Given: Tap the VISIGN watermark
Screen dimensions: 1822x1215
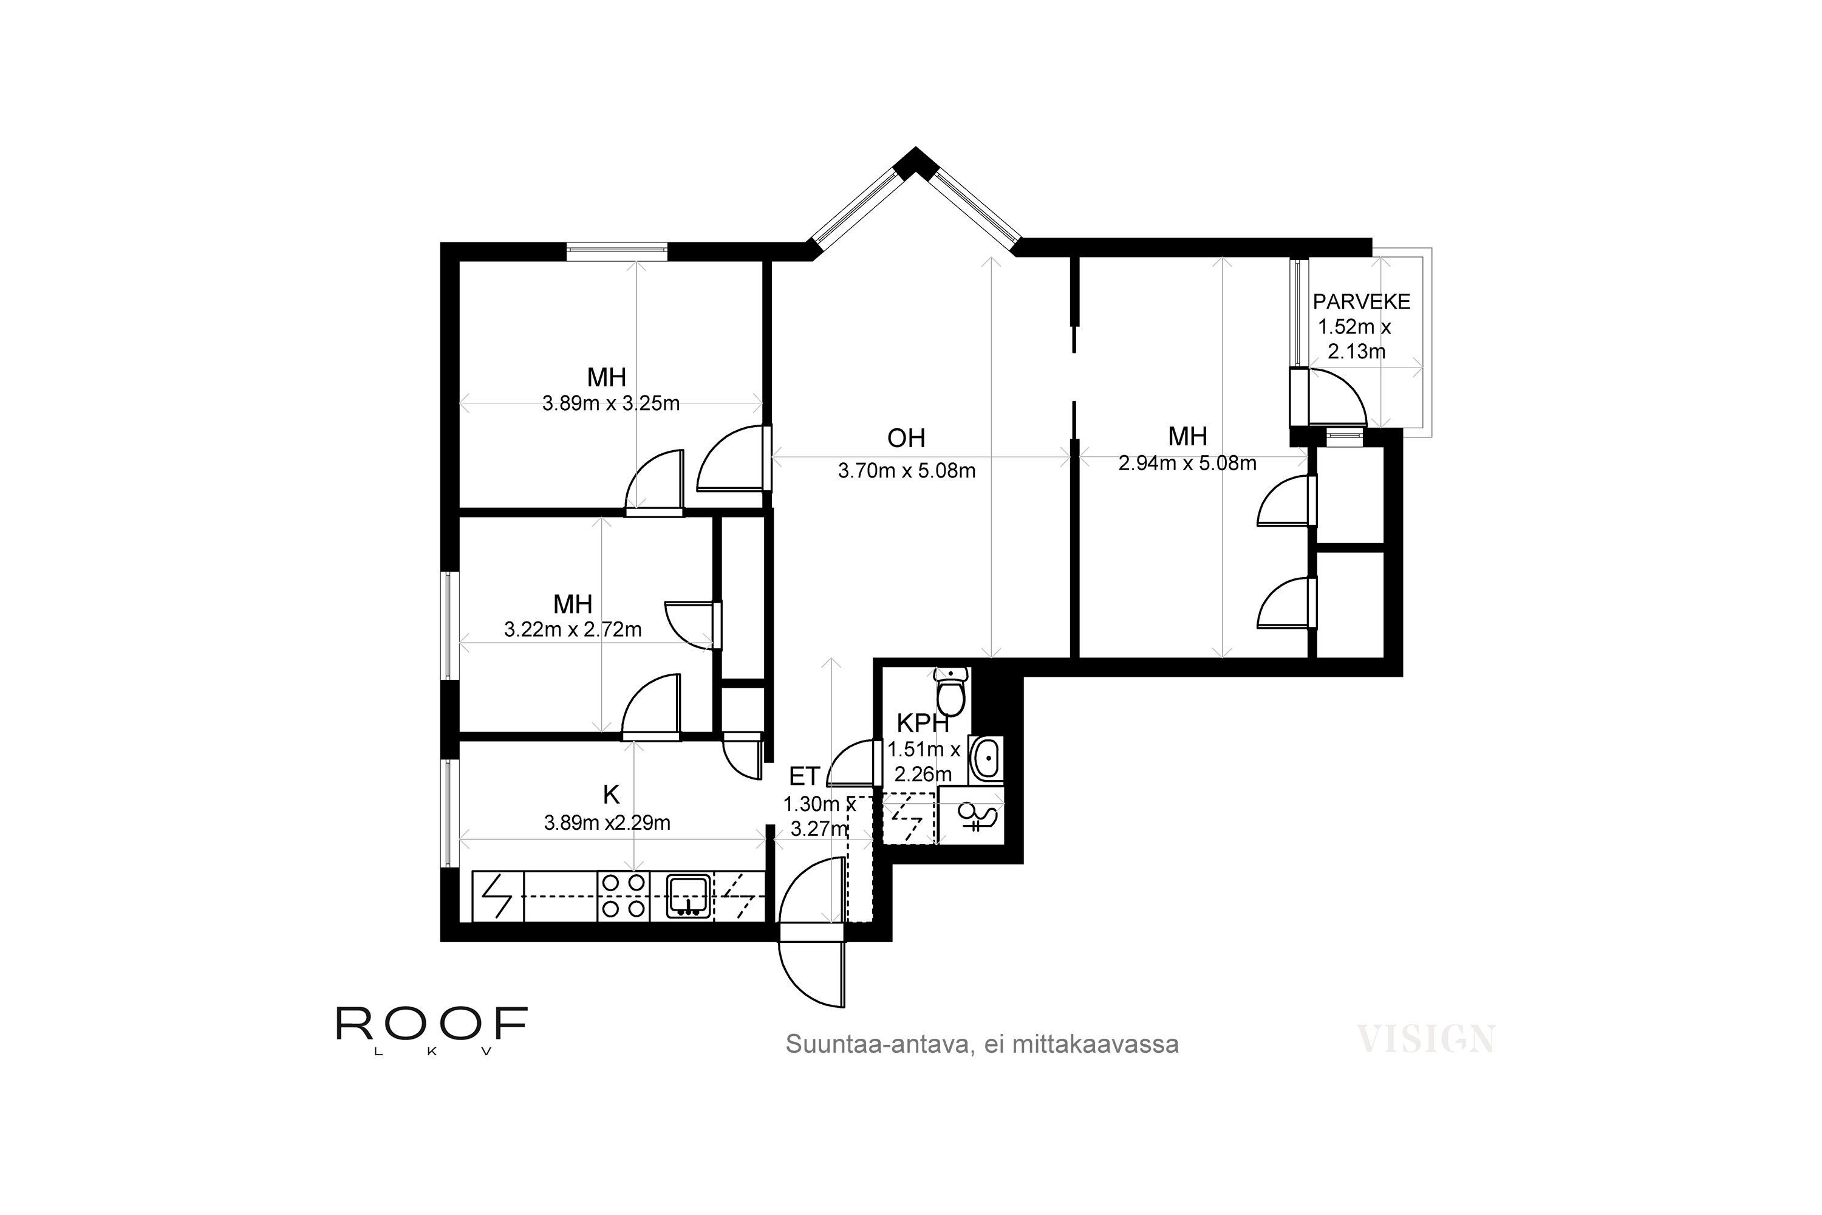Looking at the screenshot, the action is click(x=1425, y=1038).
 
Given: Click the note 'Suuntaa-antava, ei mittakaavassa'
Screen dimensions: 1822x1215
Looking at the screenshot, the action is click(x=981, y=1044).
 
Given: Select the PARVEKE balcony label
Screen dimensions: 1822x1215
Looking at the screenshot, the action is click(x=1361, y=301).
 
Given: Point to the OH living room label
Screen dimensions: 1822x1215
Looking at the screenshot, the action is click(x=906, y=438).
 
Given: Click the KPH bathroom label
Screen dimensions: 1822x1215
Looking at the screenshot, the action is click(x=922, y=723).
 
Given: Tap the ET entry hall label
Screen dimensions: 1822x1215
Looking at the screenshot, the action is click(x=804, y=776).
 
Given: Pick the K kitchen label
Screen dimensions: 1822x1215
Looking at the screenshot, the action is click(x=611, y=794).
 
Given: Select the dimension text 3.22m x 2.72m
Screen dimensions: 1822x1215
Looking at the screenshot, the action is click(x=573, y=629).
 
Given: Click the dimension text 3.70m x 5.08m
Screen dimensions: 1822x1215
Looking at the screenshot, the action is click(x=906, y=470).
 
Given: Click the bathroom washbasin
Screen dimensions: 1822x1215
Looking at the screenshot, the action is click(x=986, y=759).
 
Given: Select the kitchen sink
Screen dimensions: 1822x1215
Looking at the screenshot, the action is click(x=689, y=897).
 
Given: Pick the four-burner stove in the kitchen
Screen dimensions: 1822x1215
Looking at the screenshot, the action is click(x=624, y=897).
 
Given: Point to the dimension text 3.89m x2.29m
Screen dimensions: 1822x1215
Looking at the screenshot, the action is click(x=607, y=822).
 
